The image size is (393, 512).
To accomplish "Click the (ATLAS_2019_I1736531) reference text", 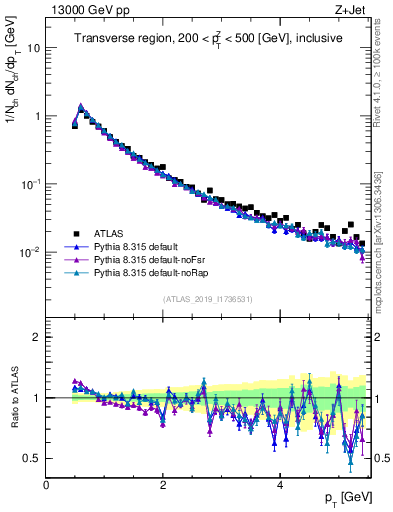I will pyautogui.click(x=206, y=299).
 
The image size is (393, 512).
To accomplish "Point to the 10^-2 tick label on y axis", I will pyautogui.click(x=32, y=252).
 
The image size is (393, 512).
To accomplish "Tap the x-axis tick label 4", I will pyautogui.click(x=280, y=485).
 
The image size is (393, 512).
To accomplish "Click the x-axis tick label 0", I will pyautogui.click(x=46, y=485).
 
